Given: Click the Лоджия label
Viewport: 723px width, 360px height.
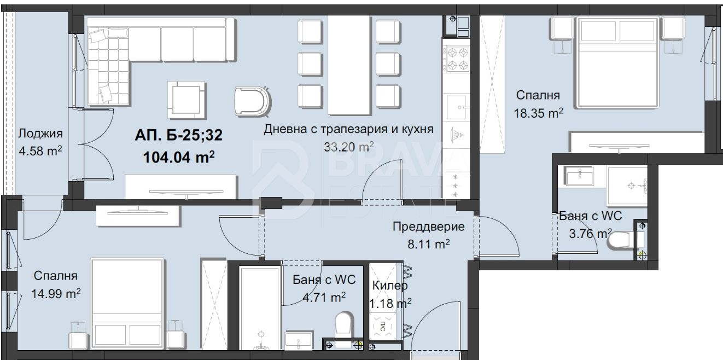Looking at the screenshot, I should [40, 133].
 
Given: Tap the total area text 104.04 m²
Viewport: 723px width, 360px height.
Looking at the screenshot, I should [178, 158].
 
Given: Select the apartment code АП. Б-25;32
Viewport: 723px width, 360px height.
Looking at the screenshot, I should [178, 135].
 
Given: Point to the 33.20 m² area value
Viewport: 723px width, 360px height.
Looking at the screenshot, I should [349, 146].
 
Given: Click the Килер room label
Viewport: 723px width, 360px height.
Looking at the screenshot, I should [390, 286].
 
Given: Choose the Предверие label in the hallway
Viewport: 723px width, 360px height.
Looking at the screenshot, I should [429, 227].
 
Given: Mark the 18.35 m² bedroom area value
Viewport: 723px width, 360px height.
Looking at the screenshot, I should [538, 113].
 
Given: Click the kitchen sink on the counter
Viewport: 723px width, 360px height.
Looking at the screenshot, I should [456, 107].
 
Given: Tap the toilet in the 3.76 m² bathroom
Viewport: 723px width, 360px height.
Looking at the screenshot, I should [623, 240].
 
